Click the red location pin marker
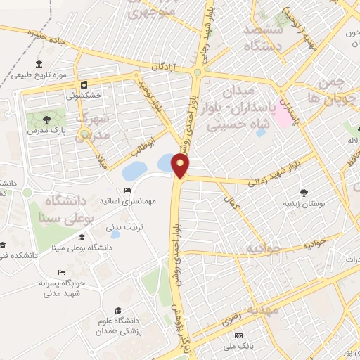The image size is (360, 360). [181, 166]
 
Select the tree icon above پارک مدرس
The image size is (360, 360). [46, 119]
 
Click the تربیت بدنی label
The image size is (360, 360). [124, 227]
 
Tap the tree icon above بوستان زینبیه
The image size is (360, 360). [304, 191]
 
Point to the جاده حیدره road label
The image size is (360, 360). [47, 35]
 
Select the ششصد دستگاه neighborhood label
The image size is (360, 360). [262, 38]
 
